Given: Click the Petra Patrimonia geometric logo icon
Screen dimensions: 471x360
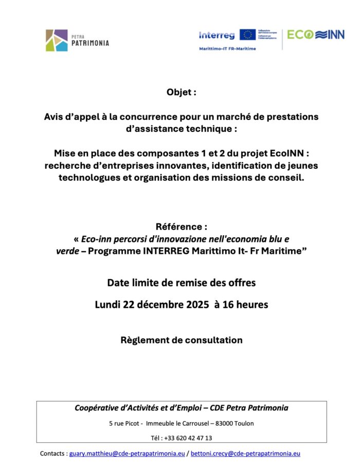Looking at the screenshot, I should click(56, 40).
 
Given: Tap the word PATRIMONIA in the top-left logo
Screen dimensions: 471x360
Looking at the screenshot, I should click(90, 43).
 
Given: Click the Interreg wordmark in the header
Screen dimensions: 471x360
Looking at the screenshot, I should click(217, 35).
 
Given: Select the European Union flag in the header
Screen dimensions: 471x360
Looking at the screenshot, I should click(247, 34).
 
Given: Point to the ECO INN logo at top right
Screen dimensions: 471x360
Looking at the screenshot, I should click(316, 35).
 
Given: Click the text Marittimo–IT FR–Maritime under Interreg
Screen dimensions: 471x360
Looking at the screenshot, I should click(227, 48).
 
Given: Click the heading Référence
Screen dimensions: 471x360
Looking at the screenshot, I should click(179, 226).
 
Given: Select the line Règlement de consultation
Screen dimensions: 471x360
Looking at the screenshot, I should click(181, 340).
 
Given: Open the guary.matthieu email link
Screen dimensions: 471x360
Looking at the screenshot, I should click(127, 453).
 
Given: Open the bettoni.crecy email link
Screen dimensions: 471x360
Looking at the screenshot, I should click(245, 453).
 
